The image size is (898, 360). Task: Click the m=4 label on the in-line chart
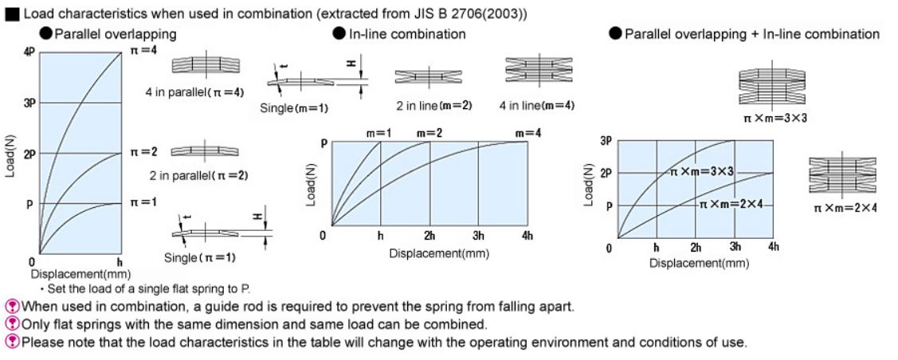(x=527, y=133)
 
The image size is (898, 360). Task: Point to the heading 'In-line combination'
(x=407, y=34)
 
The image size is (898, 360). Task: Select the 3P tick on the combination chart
(x=606, y=141)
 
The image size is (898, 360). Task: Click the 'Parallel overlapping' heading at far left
(x=116, y=34)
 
